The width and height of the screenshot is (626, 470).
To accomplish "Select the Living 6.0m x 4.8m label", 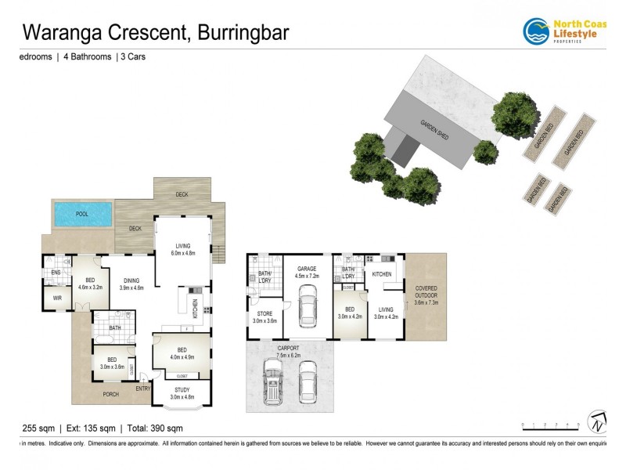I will click(182, 249).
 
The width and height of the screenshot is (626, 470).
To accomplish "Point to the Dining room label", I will click(131, 283).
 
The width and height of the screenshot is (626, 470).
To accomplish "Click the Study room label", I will click(182, 393).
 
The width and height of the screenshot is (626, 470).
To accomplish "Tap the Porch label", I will click(111, 394).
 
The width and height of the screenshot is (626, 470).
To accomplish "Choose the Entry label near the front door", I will click(143, 389).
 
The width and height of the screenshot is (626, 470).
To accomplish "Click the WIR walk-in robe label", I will click(57, 298).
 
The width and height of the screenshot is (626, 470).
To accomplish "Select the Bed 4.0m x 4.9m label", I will click(182, 352).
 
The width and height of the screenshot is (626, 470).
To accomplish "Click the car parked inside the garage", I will click(307, 308).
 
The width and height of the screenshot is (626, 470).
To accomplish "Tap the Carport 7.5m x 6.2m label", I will click(289, 351).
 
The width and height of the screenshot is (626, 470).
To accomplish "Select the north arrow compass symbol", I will click(597, 422).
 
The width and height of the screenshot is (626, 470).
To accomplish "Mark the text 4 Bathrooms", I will click(85, 57).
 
